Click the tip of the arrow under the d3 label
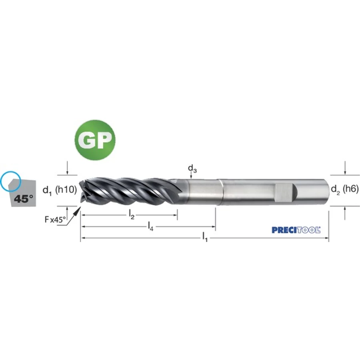click(191, 179)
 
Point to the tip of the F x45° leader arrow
click(80, 207)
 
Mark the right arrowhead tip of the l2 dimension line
click(177, 215)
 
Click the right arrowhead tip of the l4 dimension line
click(215, 227)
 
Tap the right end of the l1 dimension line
click(328, 238)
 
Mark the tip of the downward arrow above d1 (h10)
click(67, 174)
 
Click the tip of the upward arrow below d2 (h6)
click(345, 207)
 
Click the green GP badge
click(95, 140)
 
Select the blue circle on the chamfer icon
click(10, 181)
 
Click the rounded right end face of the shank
click(326, 192)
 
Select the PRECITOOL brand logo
click(296, 230)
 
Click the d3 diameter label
click(192, 169)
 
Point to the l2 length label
click(132, 215)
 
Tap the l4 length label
click(150, 227)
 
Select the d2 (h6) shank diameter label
click(345, 190)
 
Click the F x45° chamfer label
click(55, 220)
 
